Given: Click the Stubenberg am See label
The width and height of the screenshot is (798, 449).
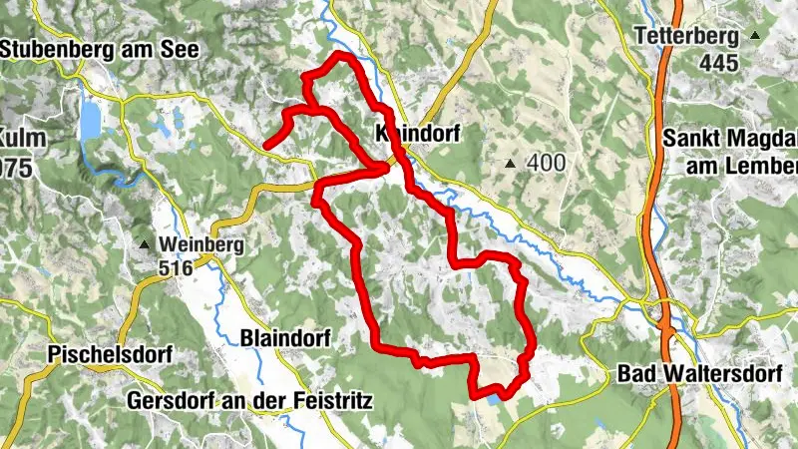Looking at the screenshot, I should point(99,48).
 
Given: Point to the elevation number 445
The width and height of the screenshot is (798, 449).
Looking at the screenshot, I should point(717,64).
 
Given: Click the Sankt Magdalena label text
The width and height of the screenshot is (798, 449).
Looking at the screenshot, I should point(729,137).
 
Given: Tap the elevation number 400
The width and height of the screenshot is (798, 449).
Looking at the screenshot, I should point(547,163).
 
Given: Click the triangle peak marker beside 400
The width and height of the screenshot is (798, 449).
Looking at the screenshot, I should point(512,164).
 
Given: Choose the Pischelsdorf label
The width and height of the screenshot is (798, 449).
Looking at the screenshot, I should point(110,354).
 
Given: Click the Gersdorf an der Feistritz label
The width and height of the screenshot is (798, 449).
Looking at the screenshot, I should point(249,402).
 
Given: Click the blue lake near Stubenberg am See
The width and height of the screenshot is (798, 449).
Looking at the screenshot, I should point(91,122).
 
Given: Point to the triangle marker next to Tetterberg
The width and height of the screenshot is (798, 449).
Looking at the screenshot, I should point(755,38).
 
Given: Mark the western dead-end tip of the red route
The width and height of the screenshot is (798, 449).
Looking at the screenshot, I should point(265,148).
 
